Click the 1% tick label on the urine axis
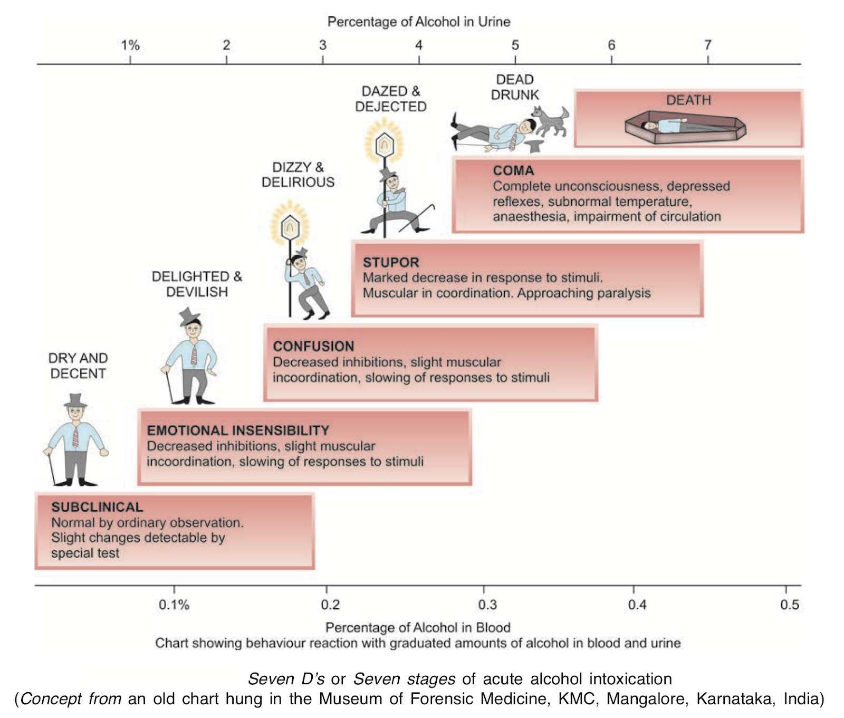[x=130, y=45]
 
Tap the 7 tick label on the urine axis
[x=707, y=45]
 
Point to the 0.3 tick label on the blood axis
[x=487, y=605]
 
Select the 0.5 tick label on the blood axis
[x=789, y=605]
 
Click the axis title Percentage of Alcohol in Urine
[x=419, y=22]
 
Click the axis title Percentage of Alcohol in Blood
[x=418, y=627]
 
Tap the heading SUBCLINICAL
[x=97, y=507]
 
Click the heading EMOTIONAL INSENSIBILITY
[x=238, y=430]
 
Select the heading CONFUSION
[x=313, y=347]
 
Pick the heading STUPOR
[x=391, y=263]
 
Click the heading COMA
[x=513, y=171]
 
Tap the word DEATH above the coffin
[x=688, y=100]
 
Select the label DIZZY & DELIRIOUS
[x=298, y=175]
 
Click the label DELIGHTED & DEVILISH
[x=197, y=284]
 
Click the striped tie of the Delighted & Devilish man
[x=194, y=356]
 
